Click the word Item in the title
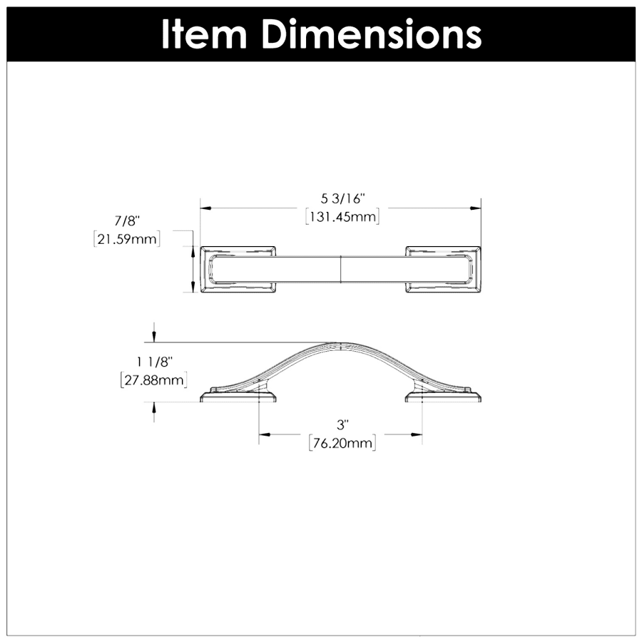point(204,34)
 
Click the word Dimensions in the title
point(372,34)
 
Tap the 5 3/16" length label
point(342,198)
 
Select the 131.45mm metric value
point(342,217)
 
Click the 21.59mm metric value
point(127,239)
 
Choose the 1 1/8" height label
point(154,362)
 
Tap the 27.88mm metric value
point(154,380)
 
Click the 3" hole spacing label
point(342,425)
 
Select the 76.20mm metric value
point(342,443)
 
